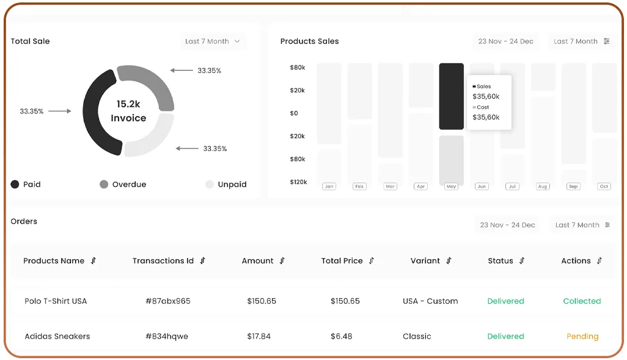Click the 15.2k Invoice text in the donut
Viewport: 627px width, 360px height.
[x=128, y=111]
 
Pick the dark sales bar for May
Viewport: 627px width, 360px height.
[x=451, y=97]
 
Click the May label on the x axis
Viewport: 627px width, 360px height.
[x=452, y=186]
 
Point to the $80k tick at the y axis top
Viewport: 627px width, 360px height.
[x=298, y=67]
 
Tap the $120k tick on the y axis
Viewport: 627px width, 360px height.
[x=298, y=182]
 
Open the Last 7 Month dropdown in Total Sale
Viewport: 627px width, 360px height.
[x=213, y=42]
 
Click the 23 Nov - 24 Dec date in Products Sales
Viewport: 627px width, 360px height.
[x=505, y=42]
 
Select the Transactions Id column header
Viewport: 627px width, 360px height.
[x=163, y=261]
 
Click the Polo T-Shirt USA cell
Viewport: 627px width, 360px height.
[x=56, y=301]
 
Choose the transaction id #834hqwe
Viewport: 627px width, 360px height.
[x=167, y=337]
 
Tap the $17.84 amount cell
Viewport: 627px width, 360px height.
[x=258, y=337]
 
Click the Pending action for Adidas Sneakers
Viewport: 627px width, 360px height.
[x=582, y=337]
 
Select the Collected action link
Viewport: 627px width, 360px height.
[x=582, y=301]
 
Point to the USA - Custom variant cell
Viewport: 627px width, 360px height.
[x=430, y=301]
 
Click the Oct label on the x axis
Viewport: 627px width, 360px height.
[x=604, y=186]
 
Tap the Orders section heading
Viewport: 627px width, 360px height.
[x=24, y=221]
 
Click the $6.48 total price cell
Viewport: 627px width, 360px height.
[x=345, y=337]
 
